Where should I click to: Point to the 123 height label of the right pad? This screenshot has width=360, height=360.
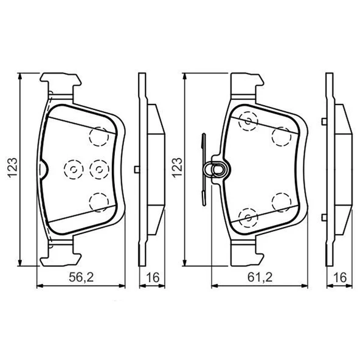click(177, 165)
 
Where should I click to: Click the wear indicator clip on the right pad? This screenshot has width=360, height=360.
click(217, 168)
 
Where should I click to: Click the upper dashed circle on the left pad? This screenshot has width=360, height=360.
click(99, 136)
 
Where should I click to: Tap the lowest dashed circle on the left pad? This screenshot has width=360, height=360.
click(99, 201)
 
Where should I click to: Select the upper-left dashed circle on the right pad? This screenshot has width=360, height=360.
click(248, 122)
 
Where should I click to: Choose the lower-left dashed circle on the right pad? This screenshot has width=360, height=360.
click(248, 216)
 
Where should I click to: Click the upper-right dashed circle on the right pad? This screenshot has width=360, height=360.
click(281, 136)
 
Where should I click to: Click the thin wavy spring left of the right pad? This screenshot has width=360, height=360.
click(202, 169)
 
